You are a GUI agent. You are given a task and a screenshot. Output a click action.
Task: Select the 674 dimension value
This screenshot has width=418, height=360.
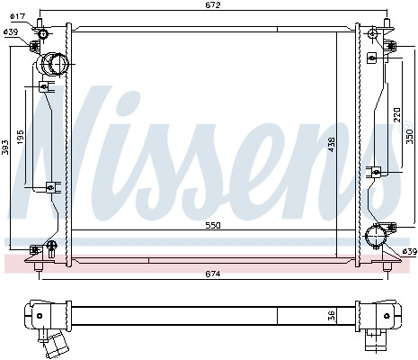(213, 274)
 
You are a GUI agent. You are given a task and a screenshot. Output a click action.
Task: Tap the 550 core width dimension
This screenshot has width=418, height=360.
(213, 226)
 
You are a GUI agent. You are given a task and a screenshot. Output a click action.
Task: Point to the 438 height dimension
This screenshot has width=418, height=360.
(332, 144)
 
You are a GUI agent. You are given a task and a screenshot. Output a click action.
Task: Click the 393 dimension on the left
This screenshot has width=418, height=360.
(4, 148)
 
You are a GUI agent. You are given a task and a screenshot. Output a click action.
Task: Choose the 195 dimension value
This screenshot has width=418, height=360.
(20, 137)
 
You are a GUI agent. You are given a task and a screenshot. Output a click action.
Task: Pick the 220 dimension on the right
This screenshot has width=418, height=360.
(396, 114)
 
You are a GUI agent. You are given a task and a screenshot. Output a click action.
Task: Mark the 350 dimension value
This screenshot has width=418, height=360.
(409, 137)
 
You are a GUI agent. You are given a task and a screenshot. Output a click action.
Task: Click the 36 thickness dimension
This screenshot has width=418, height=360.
(331, 316)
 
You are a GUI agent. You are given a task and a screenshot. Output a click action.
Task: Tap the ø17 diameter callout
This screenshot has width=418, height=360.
(17, 16)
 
